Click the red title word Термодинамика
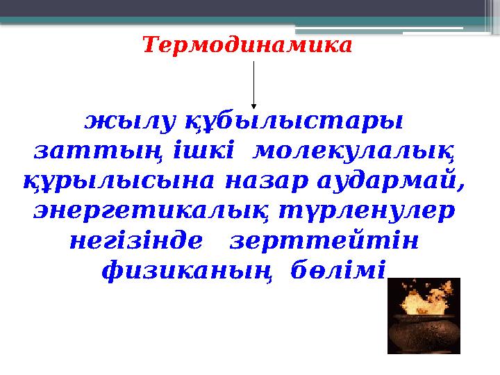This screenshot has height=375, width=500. click(247, 46)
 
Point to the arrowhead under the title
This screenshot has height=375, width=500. click(254, 106)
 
